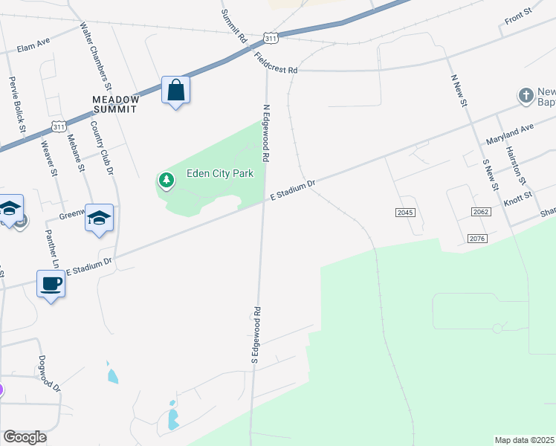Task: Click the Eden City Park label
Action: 220,173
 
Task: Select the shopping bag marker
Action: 176,91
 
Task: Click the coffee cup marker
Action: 51,283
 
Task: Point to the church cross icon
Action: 526,95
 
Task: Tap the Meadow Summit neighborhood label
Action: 114,103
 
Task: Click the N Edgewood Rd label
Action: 265,132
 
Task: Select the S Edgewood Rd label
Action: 254,334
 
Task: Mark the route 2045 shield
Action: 404,213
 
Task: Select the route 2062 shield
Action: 481,213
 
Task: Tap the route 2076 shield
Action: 477,238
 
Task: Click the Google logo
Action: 25,437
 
